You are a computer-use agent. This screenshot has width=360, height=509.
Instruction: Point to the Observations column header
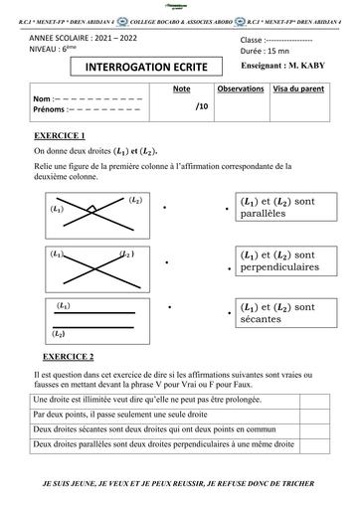pyautogui.click(x=240, y=88)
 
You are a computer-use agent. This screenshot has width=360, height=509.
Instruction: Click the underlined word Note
pyautogui.click(x=181, y=88)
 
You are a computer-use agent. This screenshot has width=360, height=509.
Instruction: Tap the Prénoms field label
pyautogui.click(x=51, y=110)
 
